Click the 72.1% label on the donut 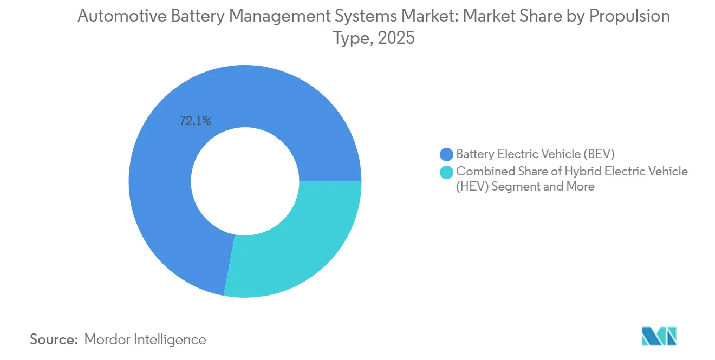click(195, 121)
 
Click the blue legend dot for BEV click(447, 154)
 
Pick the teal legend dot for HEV click(447, 172)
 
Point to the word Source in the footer click(54, 339)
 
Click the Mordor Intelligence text click(145, 339)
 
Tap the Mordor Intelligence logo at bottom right click(659, 336)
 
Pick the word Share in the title click(543, 16)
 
